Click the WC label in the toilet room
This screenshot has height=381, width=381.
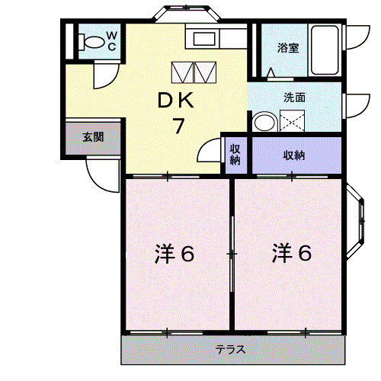(110, 40)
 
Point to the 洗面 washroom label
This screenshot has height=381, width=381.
(294, 98)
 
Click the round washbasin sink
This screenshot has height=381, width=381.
(264, 123)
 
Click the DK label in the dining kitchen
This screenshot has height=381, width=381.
(177, 101)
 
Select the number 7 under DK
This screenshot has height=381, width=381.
(178, 126)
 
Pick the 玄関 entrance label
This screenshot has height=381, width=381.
(93, 138)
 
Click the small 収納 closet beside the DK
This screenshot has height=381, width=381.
(235, 155)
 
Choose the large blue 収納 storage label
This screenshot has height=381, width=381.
(294, 155)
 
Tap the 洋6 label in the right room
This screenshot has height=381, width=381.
(292, 254)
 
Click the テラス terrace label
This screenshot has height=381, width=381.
(229, 350)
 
